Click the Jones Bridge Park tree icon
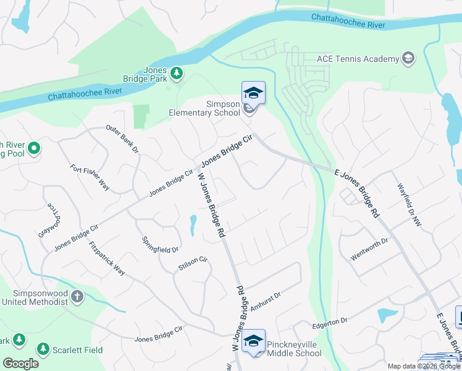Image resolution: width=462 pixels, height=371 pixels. [177, 74]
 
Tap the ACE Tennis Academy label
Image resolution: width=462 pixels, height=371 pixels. [358, 59]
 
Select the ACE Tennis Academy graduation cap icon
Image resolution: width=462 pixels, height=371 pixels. [408, 59]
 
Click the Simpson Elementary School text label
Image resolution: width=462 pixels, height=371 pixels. [205, 108]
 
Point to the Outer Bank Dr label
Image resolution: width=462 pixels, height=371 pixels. [122, 140]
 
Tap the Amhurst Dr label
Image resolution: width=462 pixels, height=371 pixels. [266, 301]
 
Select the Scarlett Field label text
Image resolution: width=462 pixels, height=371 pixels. [71, 350]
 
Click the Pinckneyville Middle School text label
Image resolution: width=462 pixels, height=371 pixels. [294, 349]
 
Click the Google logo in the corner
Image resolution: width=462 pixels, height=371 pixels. [20, 363]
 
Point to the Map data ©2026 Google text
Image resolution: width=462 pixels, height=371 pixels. [424, 366]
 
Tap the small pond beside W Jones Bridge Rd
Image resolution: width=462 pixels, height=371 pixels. [192, 226]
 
